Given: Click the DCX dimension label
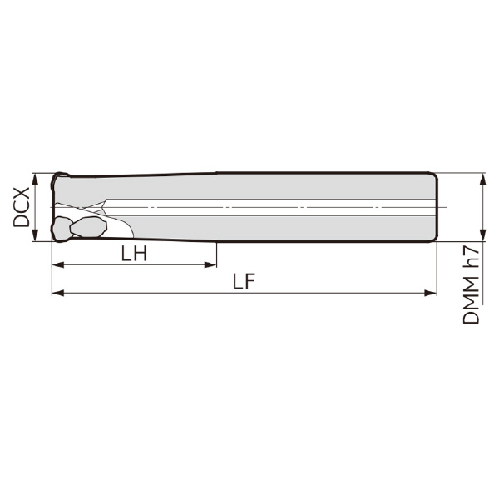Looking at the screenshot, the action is (x=22, y=207).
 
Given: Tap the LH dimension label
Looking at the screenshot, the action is (x=134, y=254).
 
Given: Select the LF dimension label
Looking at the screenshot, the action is (x=244, y=282).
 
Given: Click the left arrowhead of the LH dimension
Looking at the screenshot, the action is (x=57, y=264).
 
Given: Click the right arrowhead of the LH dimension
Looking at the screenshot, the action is (x=210, y=264).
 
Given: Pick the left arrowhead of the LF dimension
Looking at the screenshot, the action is (x=57, y=293).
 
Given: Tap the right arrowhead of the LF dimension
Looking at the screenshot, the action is (x=431, y=293).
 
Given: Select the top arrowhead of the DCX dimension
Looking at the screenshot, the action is (x=35, y=180).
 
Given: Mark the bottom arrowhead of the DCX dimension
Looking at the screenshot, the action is (x=35, y=235).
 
